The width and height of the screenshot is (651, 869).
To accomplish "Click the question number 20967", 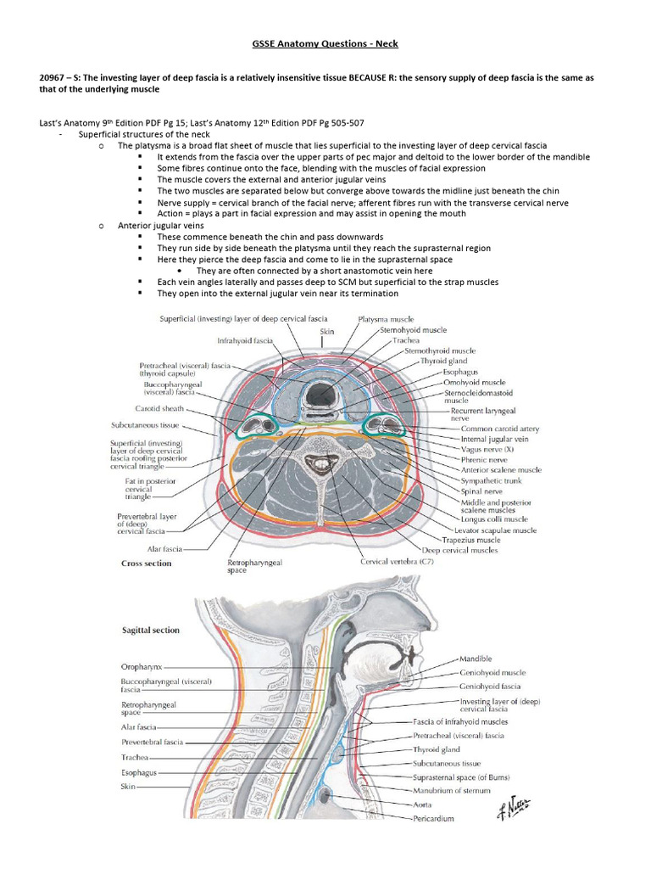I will point(55,77).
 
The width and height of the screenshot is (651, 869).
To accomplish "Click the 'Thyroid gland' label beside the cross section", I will point(445,361).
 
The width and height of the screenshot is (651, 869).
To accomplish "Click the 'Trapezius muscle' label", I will point(482,540).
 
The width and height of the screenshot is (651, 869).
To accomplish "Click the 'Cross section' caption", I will point(147,563).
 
